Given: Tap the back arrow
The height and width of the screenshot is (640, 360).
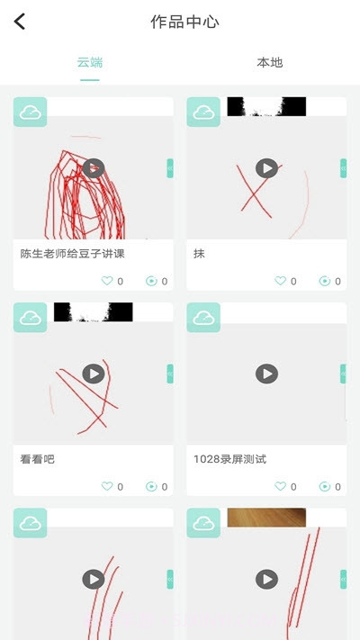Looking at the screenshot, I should [20, 22].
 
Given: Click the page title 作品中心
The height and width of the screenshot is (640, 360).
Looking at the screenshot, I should [184, 22].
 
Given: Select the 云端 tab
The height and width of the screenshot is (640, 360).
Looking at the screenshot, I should [90, 63].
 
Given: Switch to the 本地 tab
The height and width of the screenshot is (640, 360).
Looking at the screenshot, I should [270, 63].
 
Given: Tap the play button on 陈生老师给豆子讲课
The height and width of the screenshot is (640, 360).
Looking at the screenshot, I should [94, 168].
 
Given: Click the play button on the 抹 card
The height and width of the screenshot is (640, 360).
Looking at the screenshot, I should [266, 168].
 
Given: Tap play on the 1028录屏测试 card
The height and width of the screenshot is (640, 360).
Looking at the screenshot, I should [266, 374].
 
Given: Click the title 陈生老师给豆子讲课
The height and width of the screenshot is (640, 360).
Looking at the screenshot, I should [72, 254].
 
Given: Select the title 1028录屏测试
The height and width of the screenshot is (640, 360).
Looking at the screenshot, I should [229, 459].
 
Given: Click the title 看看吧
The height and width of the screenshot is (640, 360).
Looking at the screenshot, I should [38, 459].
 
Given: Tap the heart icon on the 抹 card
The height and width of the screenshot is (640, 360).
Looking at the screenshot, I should [280, 281].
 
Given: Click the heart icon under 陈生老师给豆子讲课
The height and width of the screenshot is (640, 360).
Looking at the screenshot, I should [107, 281].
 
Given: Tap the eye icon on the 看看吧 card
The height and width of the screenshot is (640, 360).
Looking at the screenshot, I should [151, 486].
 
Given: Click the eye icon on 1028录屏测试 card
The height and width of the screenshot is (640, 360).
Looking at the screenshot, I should [324, 486].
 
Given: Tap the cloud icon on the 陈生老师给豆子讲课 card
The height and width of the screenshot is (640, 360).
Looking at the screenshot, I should [30, 113].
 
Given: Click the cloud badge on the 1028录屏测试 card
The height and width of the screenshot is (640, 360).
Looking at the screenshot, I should [203, 318].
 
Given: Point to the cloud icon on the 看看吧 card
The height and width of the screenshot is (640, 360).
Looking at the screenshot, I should [30, 318].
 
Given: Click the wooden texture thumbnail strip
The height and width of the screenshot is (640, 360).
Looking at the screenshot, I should [266, 517].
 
